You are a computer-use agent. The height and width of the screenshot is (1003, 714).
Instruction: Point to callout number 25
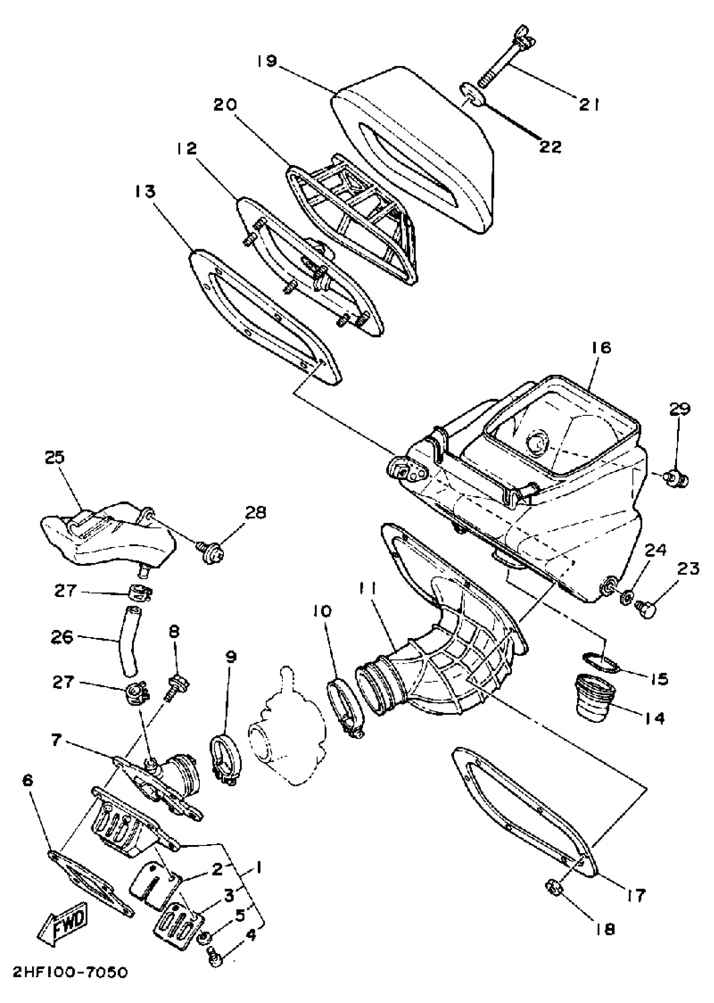[55, 457]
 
